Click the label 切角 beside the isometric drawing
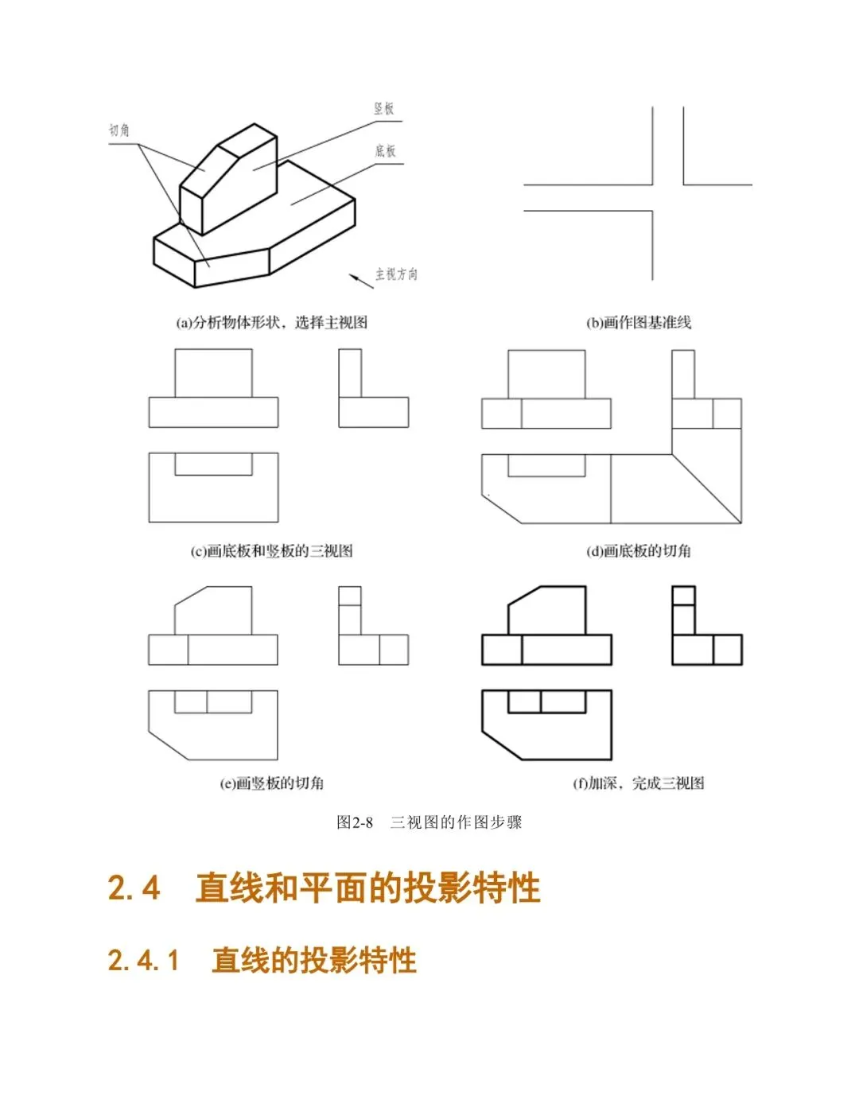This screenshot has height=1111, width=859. [x=119, y=130]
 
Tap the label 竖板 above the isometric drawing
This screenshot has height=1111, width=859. [x=384, y=109]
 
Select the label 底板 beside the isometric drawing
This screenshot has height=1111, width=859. [x=385, y=151]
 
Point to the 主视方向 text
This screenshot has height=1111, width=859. [x=396, y=274]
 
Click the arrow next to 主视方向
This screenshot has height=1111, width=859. [x=360, y=279]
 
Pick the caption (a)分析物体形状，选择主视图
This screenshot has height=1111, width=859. [x=271, y=322]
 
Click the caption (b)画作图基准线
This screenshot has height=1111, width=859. [x=639, y=322]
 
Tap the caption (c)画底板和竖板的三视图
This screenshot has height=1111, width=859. [x=271, y=550]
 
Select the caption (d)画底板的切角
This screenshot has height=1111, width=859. [x=639, y=550]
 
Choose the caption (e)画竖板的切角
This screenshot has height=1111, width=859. [x=271, y=783]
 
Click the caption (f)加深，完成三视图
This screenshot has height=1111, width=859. [x=639, y=783]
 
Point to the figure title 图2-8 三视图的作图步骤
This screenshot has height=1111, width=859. [x=429, y=822]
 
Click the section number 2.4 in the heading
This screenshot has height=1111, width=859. [x=134, y=888]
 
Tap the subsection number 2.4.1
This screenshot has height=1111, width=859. [x=143, y=961]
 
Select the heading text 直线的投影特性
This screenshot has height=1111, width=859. [x=314, y=961]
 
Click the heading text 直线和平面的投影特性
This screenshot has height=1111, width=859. [x=367, y=888]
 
